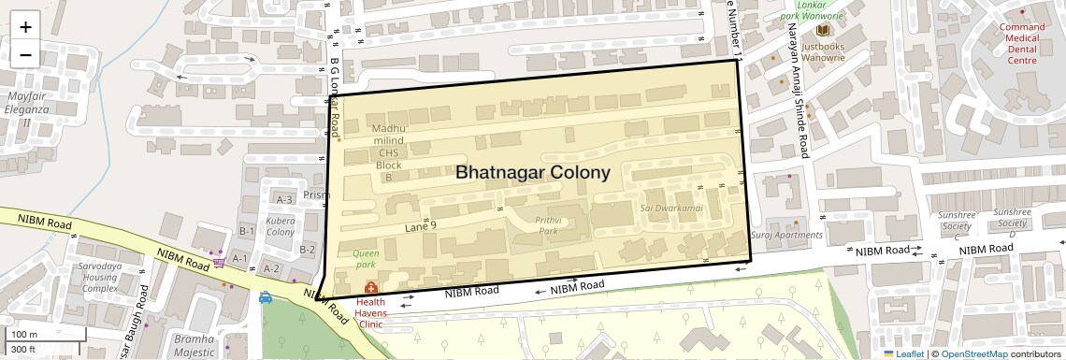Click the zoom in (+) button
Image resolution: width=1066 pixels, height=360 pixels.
click(25, 26)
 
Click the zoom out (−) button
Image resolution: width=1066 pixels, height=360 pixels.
click(25, 54)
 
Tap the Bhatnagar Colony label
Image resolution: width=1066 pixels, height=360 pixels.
click(533, 173)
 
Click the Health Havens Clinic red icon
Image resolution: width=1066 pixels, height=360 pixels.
click(370, 287)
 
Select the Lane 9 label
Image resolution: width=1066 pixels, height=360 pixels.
click(421, 226)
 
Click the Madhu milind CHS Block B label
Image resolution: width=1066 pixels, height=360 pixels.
click(389, 152)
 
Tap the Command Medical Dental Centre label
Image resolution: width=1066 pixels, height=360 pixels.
click(1022, 43)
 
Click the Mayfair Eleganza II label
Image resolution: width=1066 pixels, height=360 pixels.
click(26, 108)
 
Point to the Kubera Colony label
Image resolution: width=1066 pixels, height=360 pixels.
click(281, 225)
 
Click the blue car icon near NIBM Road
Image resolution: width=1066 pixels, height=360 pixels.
click(266, 298)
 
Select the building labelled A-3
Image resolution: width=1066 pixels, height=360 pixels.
click(285, 199)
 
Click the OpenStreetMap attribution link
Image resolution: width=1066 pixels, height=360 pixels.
click(973, 353)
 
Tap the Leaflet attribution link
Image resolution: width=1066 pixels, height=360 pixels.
click(903, 353)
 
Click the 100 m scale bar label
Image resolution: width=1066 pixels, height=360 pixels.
click(24, 334)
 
